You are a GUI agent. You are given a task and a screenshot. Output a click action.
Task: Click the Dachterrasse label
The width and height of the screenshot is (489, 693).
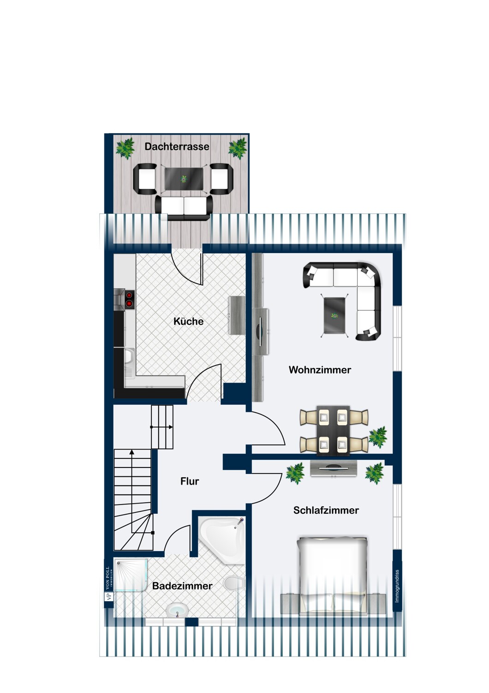point(177,146)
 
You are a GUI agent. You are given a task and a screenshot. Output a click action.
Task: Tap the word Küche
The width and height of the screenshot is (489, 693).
point(188,321)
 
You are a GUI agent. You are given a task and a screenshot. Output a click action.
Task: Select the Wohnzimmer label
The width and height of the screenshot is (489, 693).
point(320,370)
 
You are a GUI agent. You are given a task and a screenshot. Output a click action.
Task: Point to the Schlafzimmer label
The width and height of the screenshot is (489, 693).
point(326,510)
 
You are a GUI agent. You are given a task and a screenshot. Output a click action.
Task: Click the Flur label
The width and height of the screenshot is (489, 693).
point(190,481)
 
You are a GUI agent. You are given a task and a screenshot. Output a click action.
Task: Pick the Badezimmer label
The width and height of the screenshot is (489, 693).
point(182,586)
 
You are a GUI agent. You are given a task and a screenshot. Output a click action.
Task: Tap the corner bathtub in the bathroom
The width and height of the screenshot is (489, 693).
point(222,537)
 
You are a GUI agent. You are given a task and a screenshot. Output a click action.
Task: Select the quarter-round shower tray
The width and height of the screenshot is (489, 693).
point(130,575)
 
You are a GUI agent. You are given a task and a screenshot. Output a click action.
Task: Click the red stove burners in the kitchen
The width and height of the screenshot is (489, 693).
point(130,299)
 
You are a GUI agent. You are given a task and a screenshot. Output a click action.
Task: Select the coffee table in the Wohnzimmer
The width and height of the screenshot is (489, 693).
point(334,316)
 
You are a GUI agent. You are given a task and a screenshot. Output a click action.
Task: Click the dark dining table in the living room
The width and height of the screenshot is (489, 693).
point(334,430)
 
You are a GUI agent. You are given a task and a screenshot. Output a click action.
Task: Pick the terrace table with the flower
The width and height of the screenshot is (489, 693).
point(184,179)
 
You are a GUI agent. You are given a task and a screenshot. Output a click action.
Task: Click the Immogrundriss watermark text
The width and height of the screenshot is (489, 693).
point(397,586)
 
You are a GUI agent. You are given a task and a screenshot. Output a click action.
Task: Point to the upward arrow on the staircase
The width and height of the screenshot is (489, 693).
point(132,494)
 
